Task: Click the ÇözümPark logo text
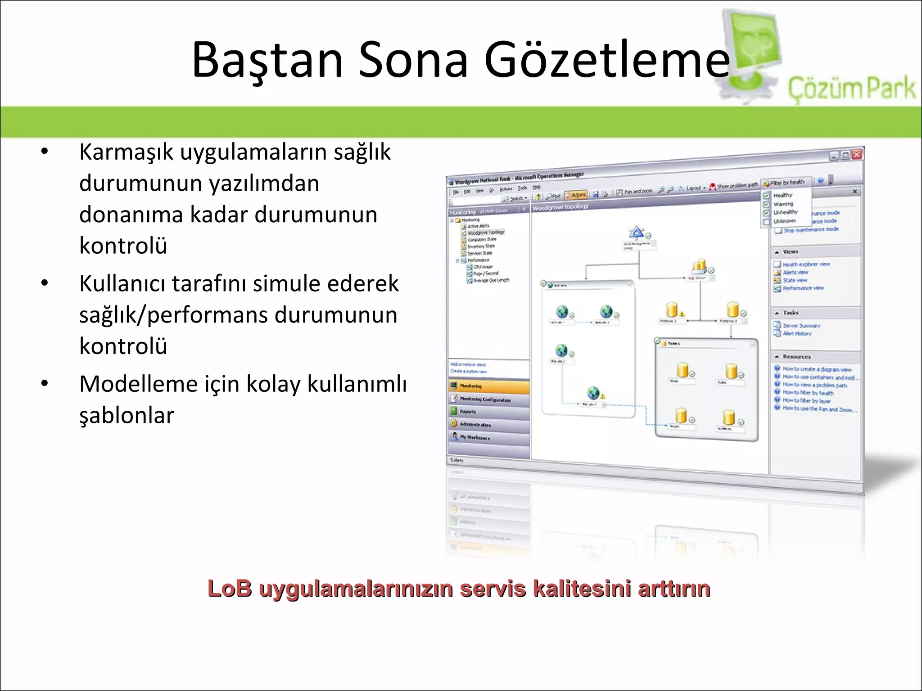851,88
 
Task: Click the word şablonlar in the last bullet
127,415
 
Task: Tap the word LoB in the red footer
230,588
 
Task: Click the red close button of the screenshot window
856,154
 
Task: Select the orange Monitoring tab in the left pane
488,386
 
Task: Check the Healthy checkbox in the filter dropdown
766,196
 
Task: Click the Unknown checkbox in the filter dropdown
766,222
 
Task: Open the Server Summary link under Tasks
801,325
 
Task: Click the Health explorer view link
806,264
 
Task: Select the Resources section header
796,357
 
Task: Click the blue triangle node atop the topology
636,233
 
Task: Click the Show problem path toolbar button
734,185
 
